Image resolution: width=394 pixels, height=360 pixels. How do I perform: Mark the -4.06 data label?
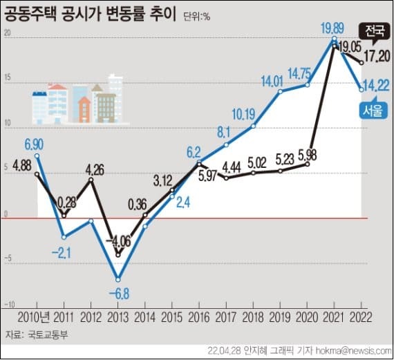tap(119, 240)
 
